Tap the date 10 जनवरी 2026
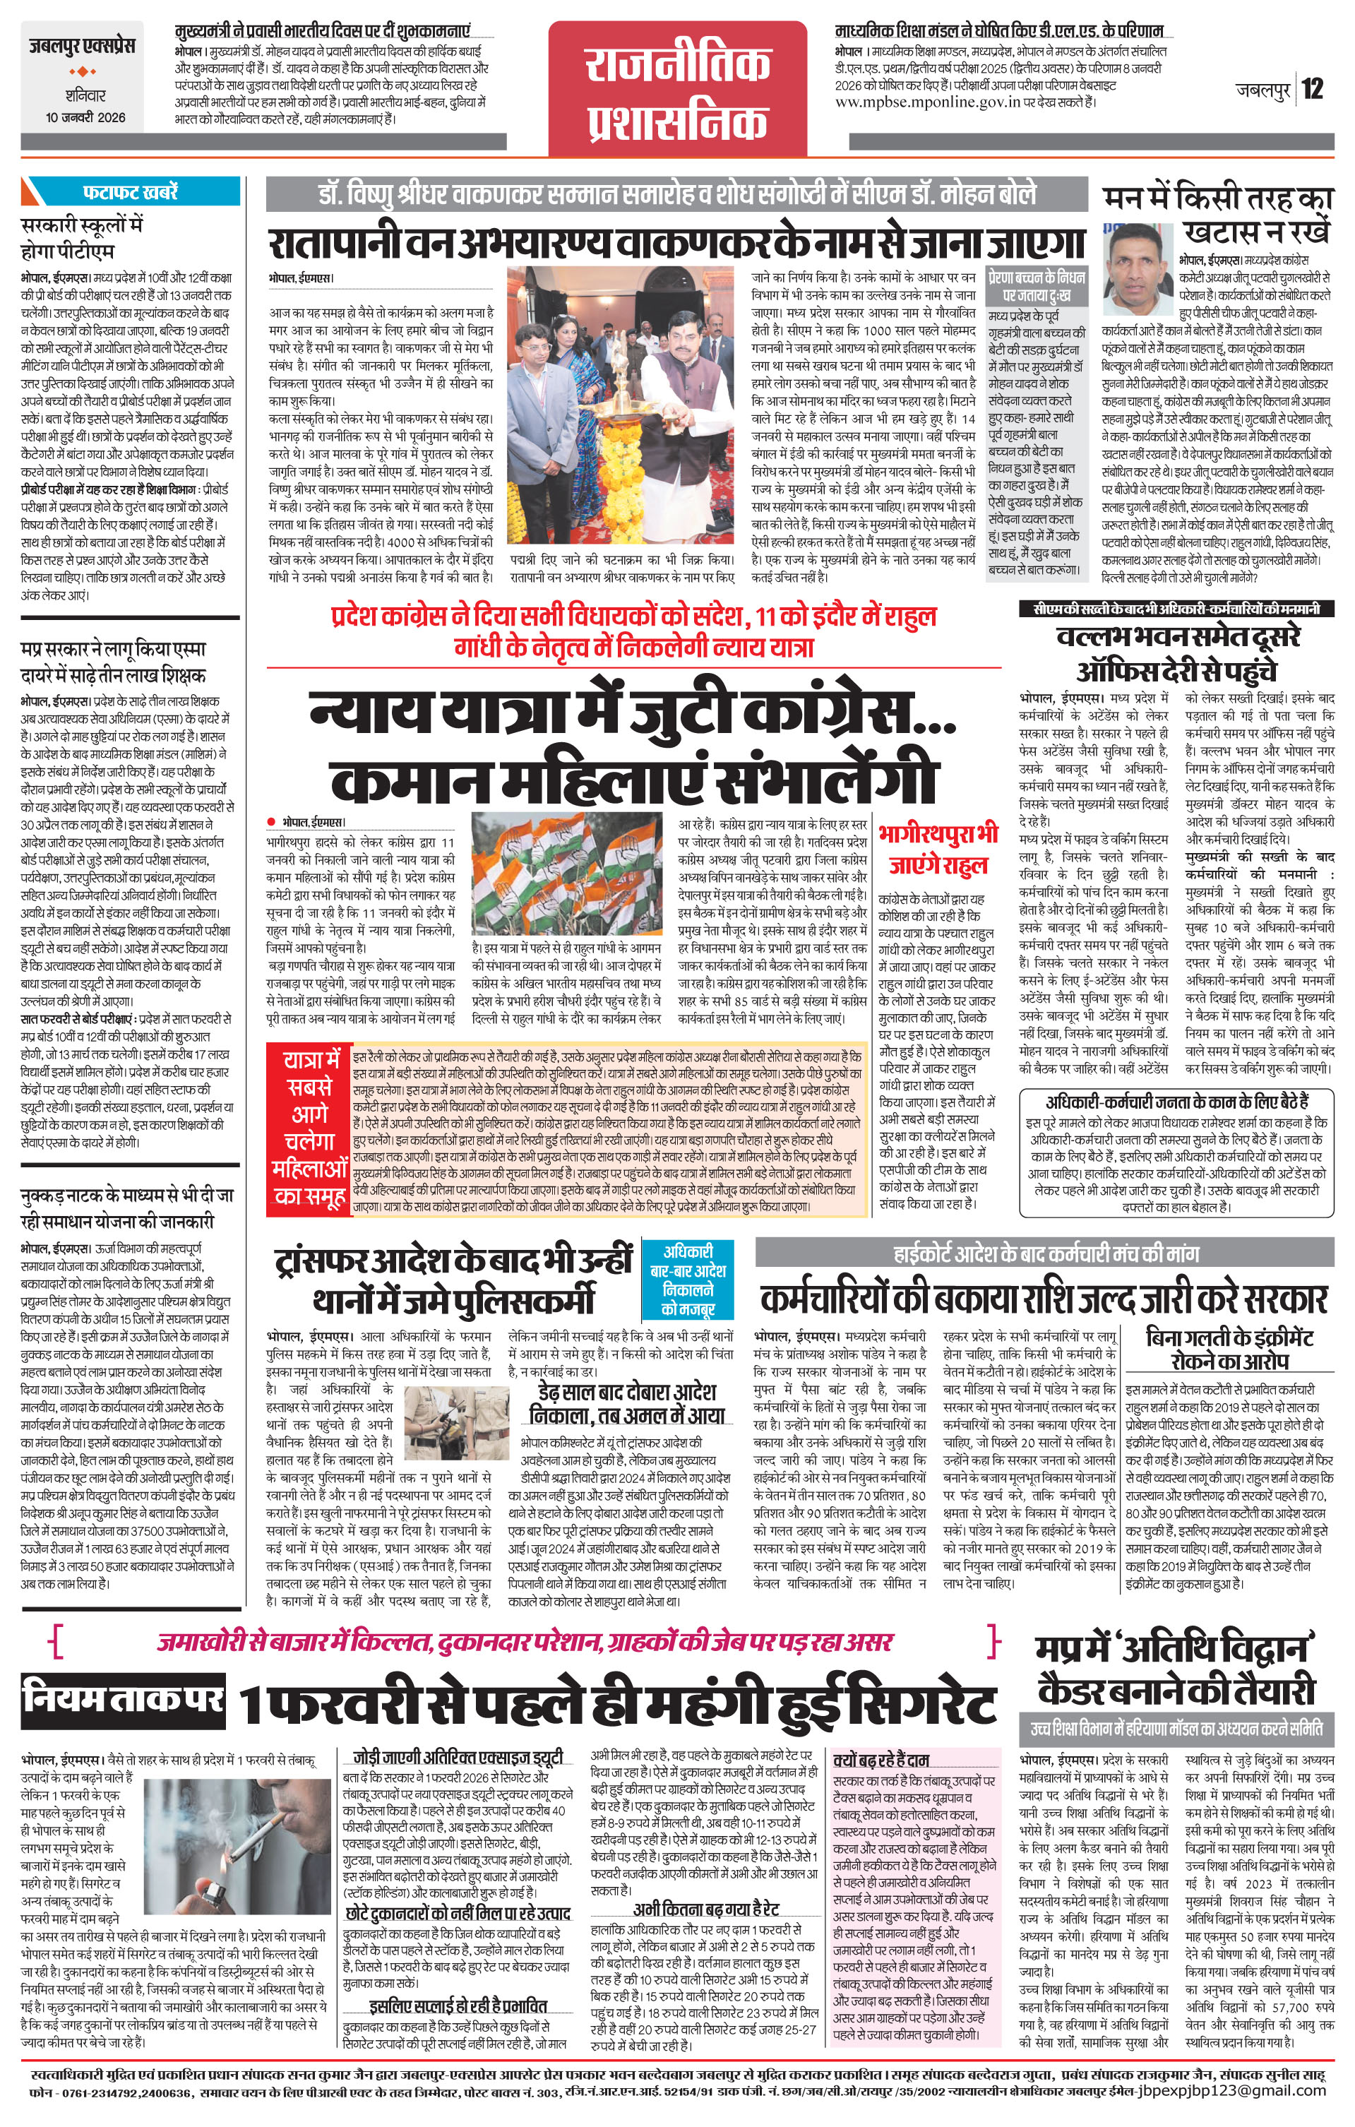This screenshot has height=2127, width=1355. coord(85,117)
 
